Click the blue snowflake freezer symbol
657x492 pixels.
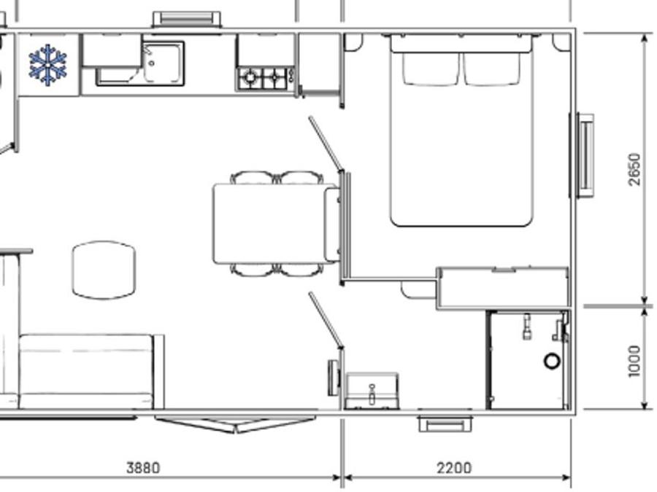47,65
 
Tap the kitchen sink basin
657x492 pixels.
163,63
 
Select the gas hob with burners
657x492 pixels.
265,78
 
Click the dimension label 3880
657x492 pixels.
143,467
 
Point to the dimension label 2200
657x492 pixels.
454,467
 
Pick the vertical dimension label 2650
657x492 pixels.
634,169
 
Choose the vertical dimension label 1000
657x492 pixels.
634,361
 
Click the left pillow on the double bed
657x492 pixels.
430,69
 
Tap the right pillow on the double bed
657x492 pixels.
492,69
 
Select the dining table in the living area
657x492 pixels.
275,224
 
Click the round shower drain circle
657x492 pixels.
552,361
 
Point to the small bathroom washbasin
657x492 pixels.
372,391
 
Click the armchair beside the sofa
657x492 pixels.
104,270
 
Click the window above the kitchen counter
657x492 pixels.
186,20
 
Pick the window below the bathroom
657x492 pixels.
445,423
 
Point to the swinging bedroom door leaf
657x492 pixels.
326,144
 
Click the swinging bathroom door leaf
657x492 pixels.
326,320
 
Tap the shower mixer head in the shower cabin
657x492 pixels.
526,327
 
